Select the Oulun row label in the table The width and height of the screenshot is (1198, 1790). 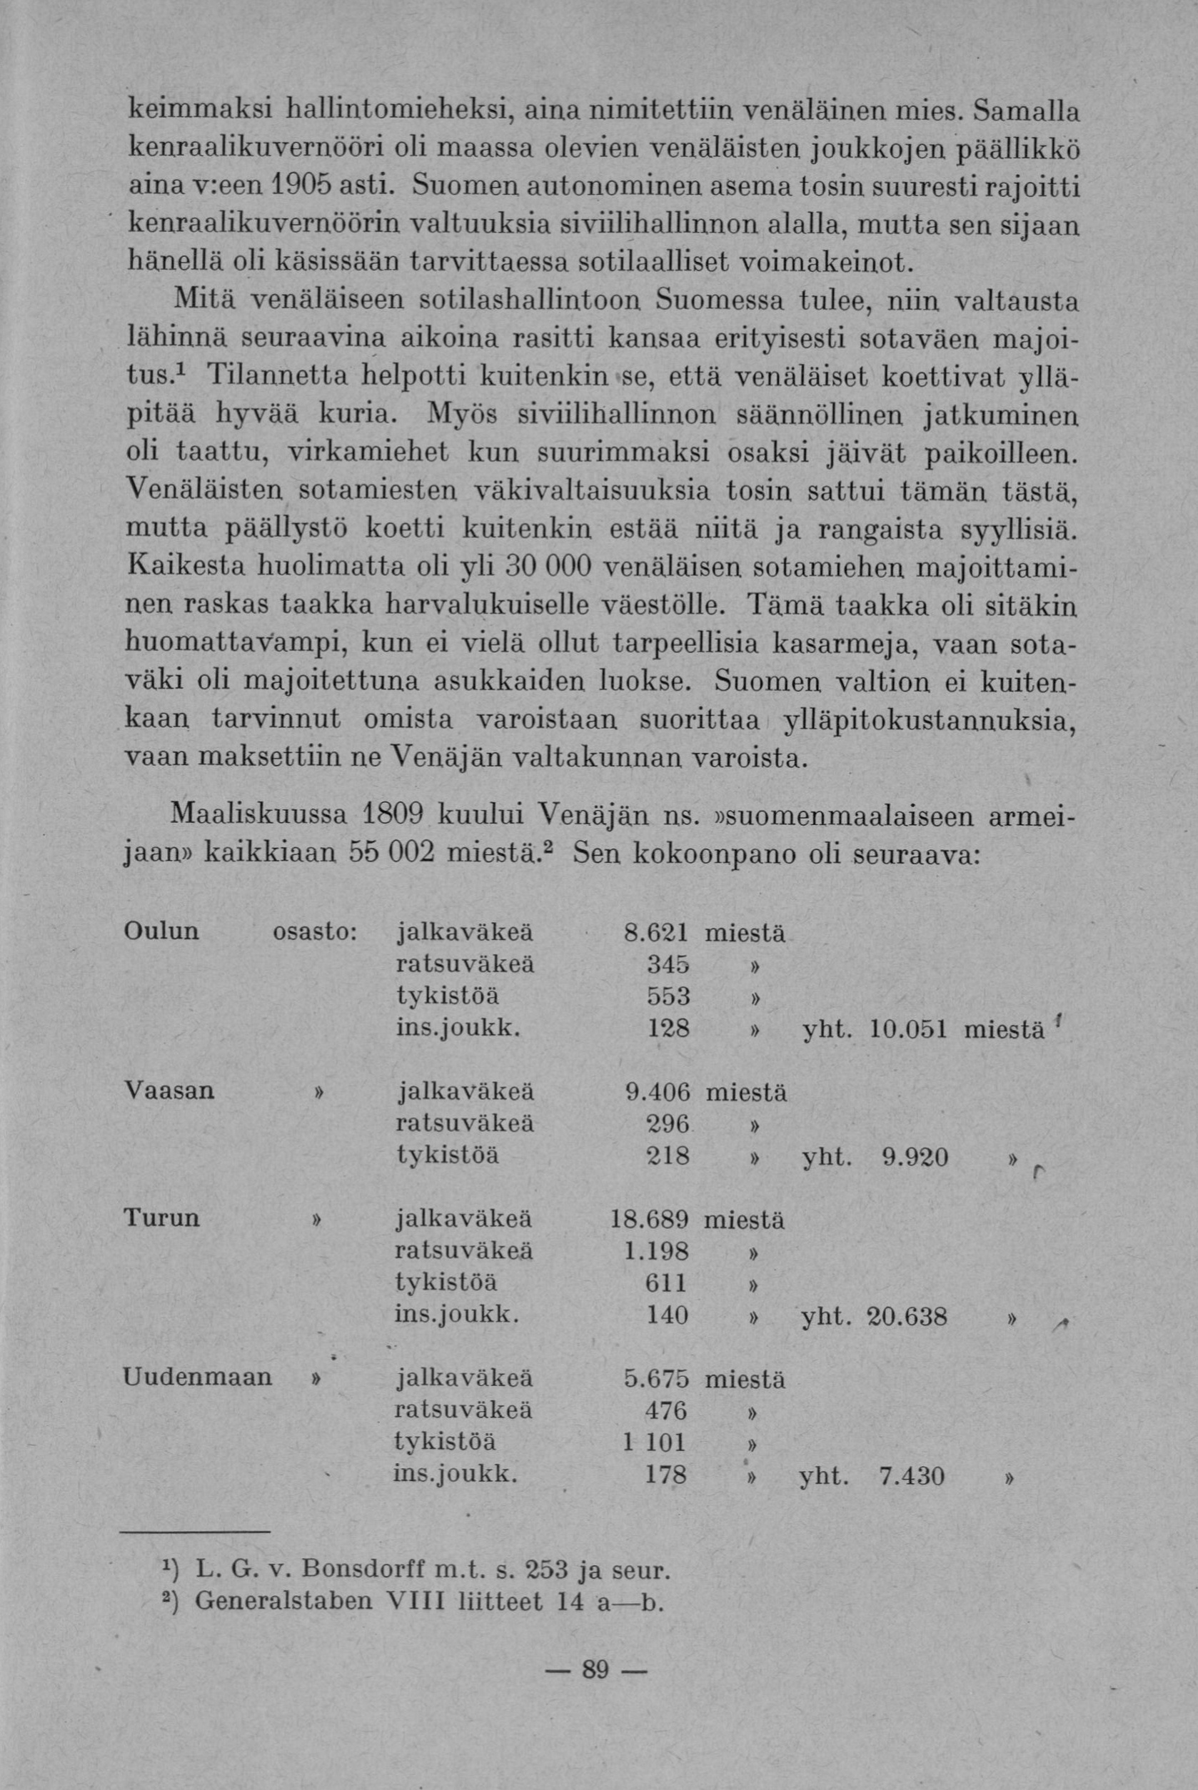[161, 931]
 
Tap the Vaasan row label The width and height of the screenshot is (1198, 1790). [170, 1091]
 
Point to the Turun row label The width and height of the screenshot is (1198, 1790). [161, 1218]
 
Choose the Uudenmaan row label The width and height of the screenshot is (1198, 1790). [198, 1376]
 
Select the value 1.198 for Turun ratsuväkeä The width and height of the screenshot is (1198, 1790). [657, 1251]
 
